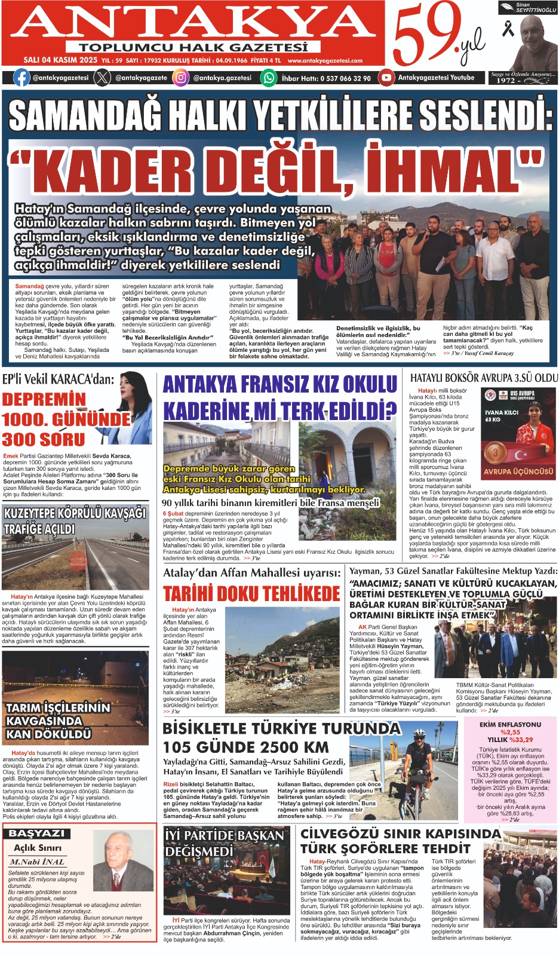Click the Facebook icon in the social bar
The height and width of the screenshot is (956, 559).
(x=21, y=78)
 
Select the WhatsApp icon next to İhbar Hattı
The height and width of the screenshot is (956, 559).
(x=270, y=78)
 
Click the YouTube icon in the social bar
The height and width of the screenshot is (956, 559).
(x=386, y=78)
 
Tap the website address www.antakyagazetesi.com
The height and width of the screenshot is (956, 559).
(x=325, y=61)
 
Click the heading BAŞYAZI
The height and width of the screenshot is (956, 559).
(x=37, y=834)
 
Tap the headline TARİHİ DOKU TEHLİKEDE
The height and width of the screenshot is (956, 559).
(x=251, y=594)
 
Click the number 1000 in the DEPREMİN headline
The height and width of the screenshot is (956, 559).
(x=29, y=419)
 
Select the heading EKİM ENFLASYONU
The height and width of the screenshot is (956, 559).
(x=510, y=725)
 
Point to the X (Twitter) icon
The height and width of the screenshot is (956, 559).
(x=103, y=78)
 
